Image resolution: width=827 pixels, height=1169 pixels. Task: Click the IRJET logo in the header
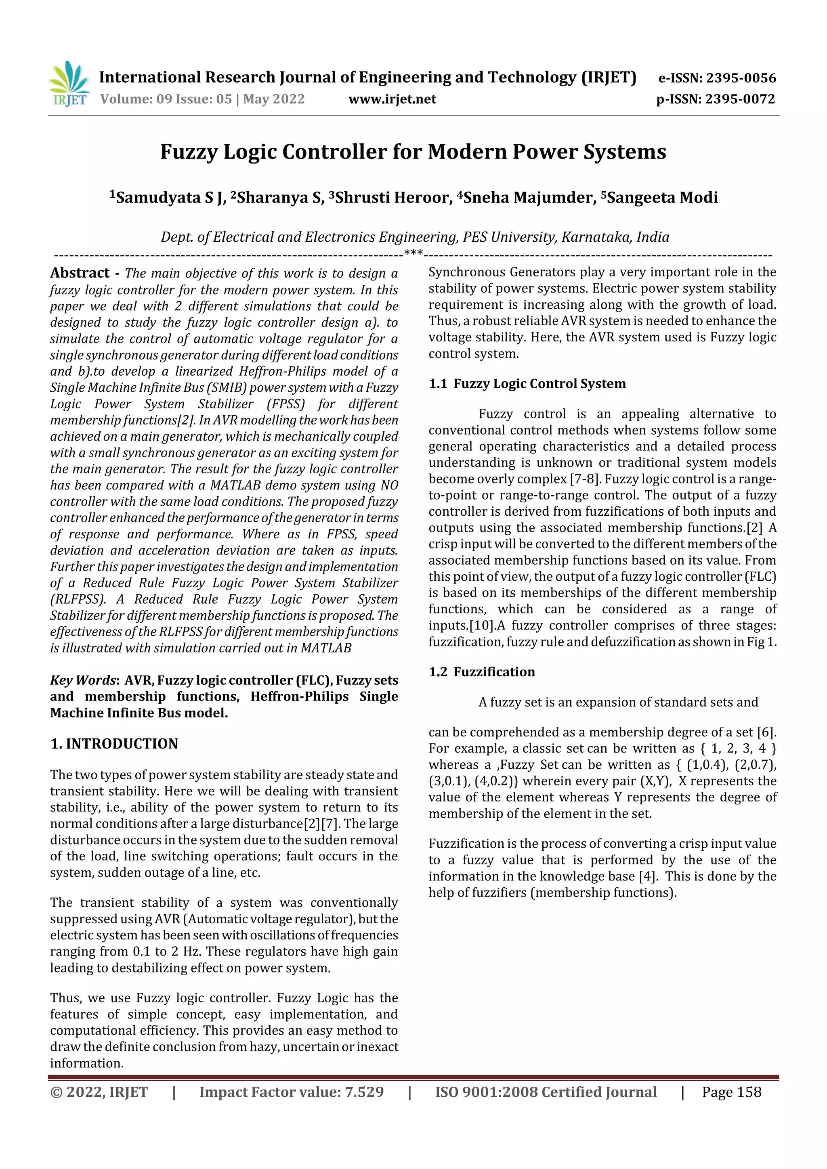coord(69,84)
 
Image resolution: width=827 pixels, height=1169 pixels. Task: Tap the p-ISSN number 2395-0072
coord(740,99)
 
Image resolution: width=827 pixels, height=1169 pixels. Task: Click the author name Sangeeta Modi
coord(662,198)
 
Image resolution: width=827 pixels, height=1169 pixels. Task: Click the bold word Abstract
coord(80,274)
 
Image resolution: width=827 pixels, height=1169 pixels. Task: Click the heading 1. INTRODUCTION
coord(114,744)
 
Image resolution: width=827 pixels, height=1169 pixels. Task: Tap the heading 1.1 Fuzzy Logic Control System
coord(527,384)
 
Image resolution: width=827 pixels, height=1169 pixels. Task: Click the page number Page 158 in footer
coord(731,1092)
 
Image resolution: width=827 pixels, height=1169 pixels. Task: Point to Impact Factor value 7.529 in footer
coord(291,1092)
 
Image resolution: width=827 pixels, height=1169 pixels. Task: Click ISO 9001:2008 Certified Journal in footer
coord(545,1092)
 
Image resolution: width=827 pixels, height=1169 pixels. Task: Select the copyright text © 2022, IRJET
coord(99,1092)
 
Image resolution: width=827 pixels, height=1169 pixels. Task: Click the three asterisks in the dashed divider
coord(413,253)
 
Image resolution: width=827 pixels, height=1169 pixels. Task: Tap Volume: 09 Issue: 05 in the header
coord(166,99)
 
